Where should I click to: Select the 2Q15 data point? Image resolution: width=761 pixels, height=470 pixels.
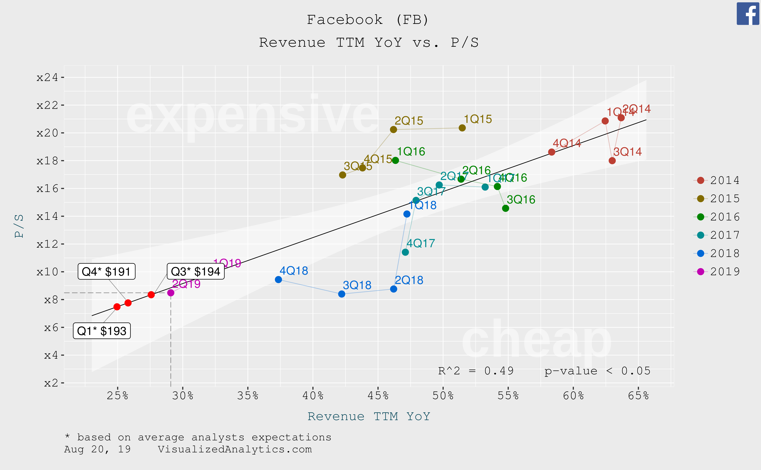393,129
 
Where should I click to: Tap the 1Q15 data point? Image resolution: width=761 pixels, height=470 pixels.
462,128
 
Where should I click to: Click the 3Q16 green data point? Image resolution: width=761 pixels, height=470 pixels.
505,208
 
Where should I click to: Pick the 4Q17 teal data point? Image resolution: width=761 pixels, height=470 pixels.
405,252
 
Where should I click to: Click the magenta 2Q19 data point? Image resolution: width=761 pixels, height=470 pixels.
171,293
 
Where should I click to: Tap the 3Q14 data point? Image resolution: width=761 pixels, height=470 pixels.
612,161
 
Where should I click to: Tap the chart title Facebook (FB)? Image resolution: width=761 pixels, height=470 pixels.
368,20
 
